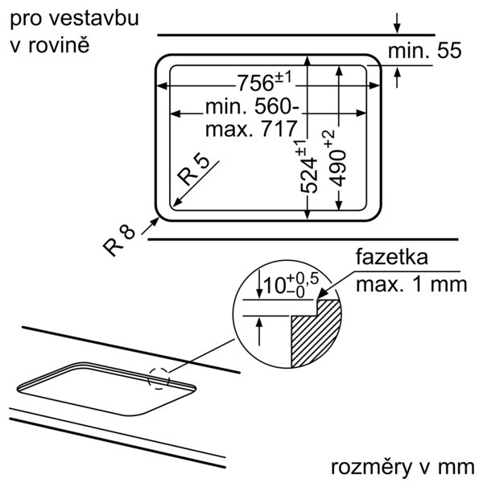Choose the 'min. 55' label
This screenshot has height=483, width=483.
click(423, 52)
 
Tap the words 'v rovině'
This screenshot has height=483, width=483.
click(49, 44)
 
